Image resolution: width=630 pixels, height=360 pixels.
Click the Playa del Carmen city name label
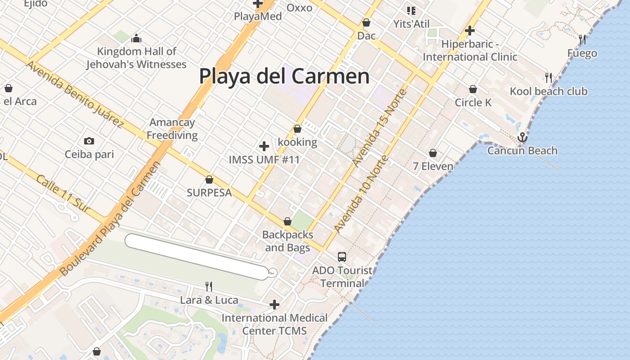(x=284, y=76)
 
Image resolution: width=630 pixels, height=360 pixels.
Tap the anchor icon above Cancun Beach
(x=522, y=137)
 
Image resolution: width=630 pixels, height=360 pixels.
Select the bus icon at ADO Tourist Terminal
(x=342, y=257)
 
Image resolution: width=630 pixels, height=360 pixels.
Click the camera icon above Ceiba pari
(x=89, y=141)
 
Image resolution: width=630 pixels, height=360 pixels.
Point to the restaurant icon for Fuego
(x=582, y=40)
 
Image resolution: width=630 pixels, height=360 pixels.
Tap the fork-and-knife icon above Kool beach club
(x=548, y=77)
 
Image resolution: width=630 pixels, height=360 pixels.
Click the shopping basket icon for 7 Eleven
(x=433, y=153)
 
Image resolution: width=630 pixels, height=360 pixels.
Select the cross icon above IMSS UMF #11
(x=264, y=146)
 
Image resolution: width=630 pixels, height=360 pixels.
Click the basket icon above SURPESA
(x=209, y=180)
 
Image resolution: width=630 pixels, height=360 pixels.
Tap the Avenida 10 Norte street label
(x=361, y=194)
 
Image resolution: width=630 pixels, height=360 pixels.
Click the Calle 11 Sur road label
(x=63, y=194)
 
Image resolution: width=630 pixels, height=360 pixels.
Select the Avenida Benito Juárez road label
(x=74, y=94)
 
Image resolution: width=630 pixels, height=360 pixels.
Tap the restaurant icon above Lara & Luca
(x=209, y=286)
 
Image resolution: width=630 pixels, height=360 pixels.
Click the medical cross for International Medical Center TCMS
(x=274, y=305)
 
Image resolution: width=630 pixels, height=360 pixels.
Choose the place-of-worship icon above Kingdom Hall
(x=136, y=38)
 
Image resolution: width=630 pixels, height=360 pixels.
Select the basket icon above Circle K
(x=472, y=89)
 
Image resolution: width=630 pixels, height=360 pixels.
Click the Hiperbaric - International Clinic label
(x=470, y=51)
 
